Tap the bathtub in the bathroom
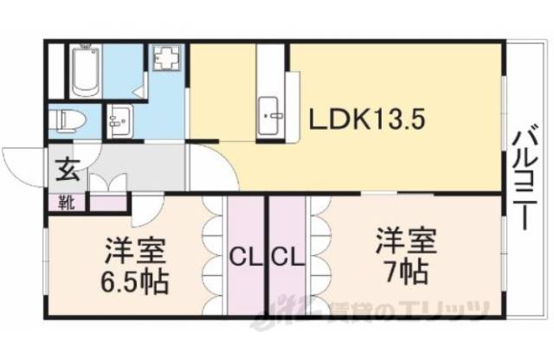pos(85,70)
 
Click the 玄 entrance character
pos(68,169)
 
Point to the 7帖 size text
pos(405,269)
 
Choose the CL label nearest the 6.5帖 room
pos(243,257)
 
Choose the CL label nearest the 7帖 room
pos(287,257)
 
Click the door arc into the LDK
pos(211,164)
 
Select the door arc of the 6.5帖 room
pos(145,205)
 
